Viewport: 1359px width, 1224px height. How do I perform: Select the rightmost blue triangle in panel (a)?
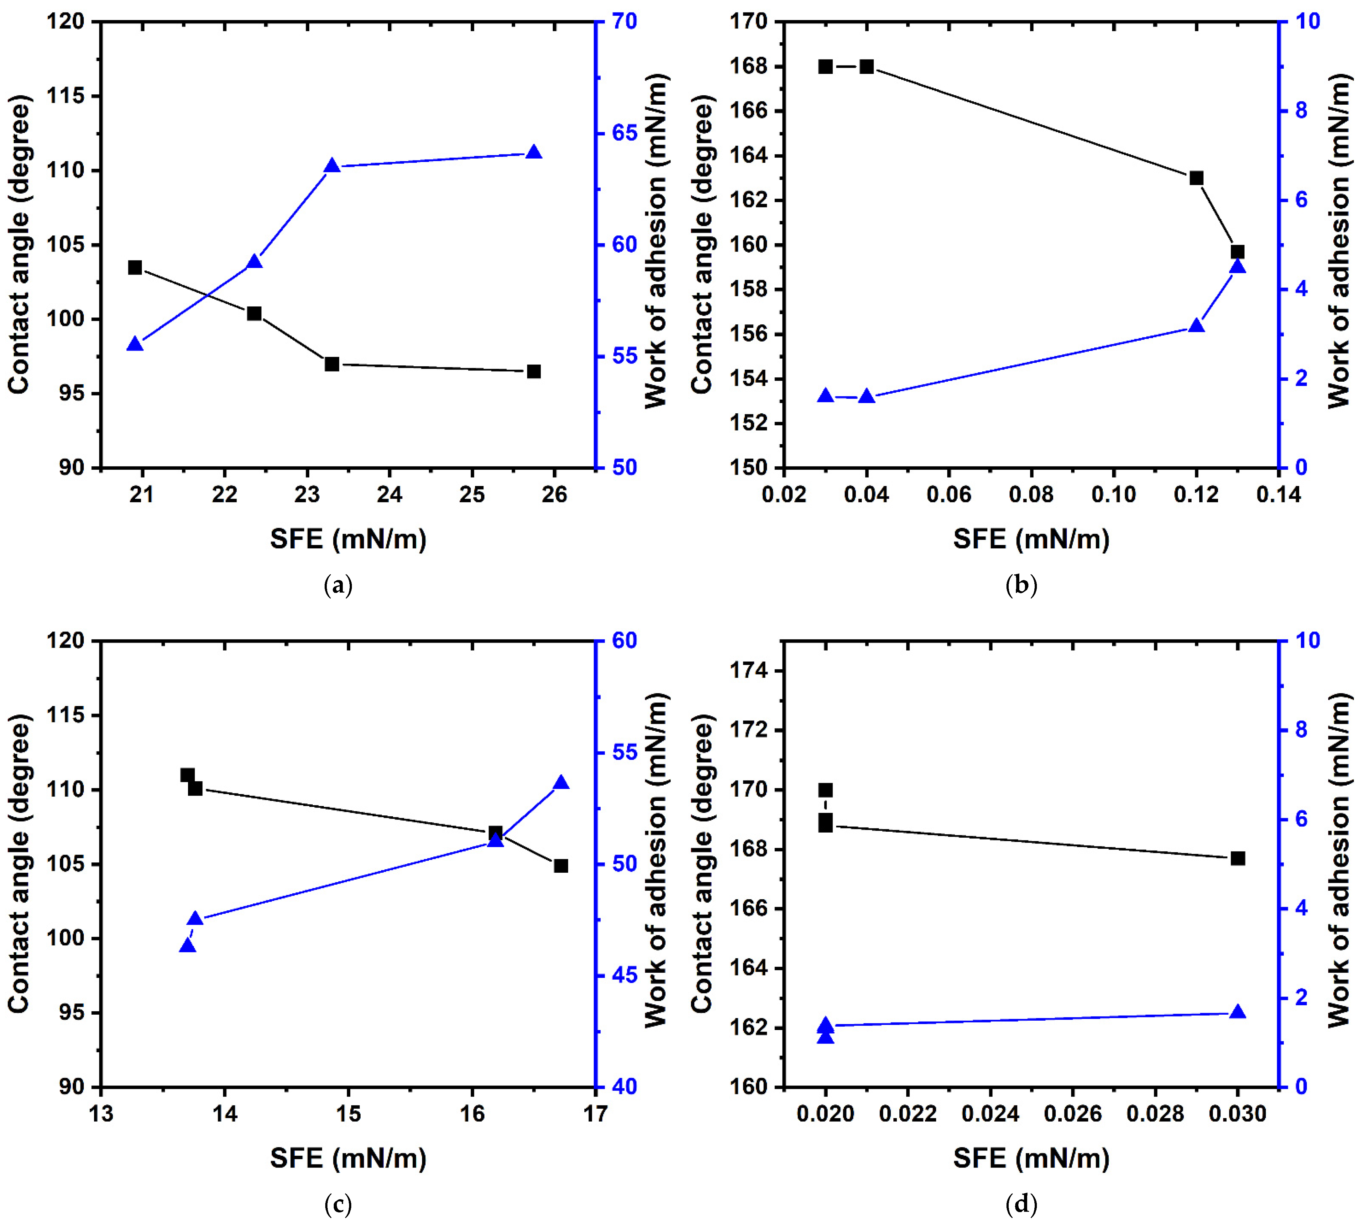click(534, 152)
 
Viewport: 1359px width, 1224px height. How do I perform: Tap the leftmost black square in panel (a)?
click(135, 268)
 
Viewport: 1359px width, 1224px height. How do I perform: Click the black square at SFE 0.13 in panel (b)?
click(1237, 252)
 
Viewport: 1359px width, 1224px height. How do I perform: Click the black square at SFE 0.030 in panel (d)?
click(1237, 859)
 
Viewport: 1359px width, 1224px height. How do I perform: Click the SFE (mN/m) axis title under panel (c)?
click(348, 1158)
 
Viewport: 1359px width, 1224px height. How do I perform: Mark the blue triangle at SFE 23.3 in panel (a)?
click(332, 166)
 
